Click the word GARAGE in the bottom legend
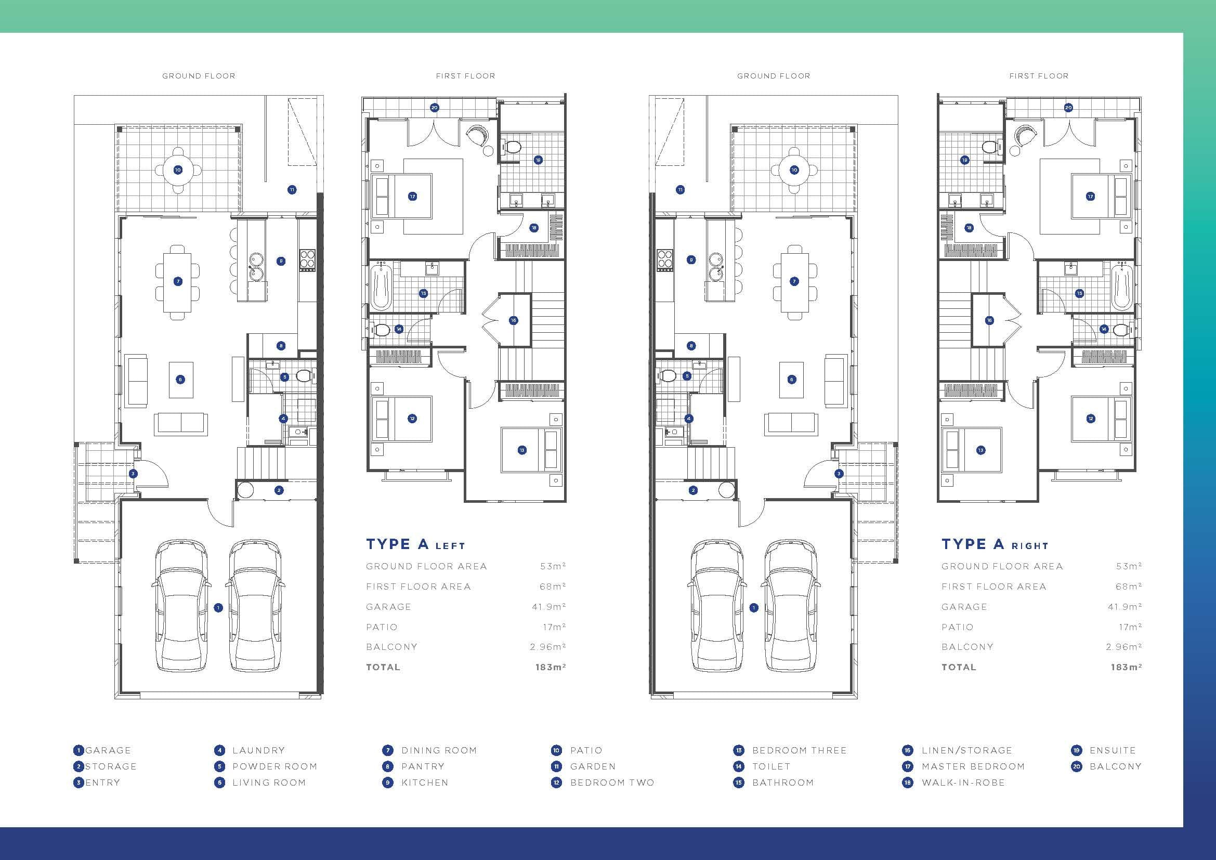tap(108, 750)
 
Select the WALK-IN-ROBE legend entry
tap(963, 783)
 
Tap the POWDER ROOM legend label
tap(274, 766)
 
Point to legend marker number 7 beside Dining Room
tap(388, 750)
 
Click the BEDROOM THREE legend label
tap(799, 750)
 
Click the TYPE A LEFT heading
tap(416, 544)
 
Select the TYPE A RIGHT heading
tap(995, 544)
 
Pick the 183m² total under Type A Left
tap(551, 667)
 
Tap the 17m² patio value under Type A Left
tap(555, 627)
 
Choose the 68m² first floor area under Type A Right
tap(1129, 586)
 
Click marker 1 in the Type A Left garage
tap(218, 608)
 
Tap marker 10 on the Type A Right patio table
tap(794, 170)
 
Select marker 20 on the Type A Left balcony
tap(434, 108)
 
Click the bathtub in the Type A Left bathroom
tap(380, 288)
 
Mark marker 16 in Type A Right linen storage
tap(989, 320)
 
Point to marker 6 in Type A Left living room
tap(180, 379)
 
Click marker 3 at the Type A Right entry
tap(839, 474)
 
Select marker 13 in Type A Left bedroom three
tap(521, 450)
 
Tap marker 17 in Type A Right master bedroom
tap(1090, 197)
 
